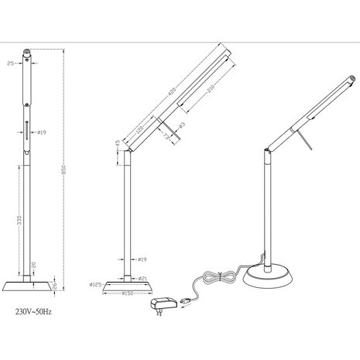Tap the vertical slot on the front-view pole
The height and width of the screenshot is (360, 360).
coord(31,132)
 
